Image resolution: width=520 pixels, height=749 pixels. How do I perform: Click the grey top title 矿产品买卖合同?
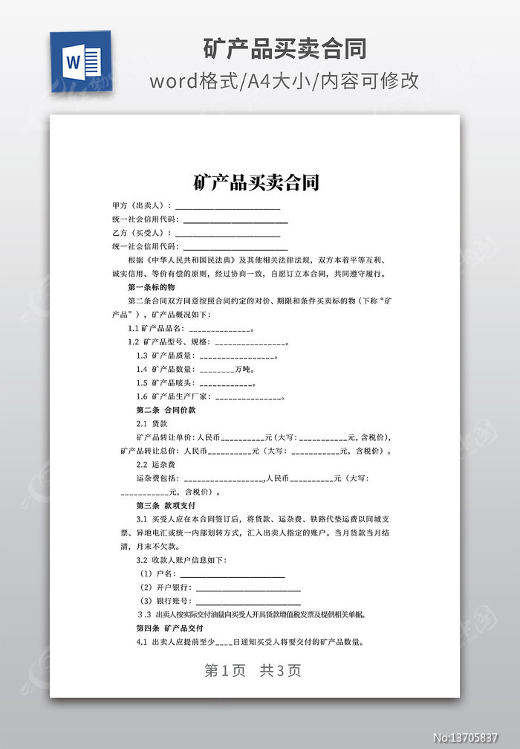click(285, 48)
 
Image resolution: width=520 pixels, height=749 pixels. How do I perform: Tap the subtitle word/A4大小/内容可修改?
click(285, 81)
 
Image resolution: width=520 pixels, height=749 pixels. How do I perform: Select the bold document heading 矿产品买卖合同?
click(256, 182)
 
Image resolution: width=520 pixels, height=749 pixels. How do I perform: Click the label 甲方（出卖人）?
click(140, 206)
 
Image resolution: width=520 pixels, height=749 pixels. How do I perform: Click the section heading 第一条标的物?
click(151, 287)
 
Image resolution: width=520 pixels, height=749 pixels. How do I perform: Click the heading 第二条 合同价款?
click(166, 410)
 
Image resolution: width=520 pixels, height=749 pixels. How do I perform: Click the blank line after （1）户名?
click(232, 574)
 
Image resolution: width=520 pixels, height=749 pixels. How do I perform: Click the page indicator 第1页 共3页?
click(253, 670)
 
